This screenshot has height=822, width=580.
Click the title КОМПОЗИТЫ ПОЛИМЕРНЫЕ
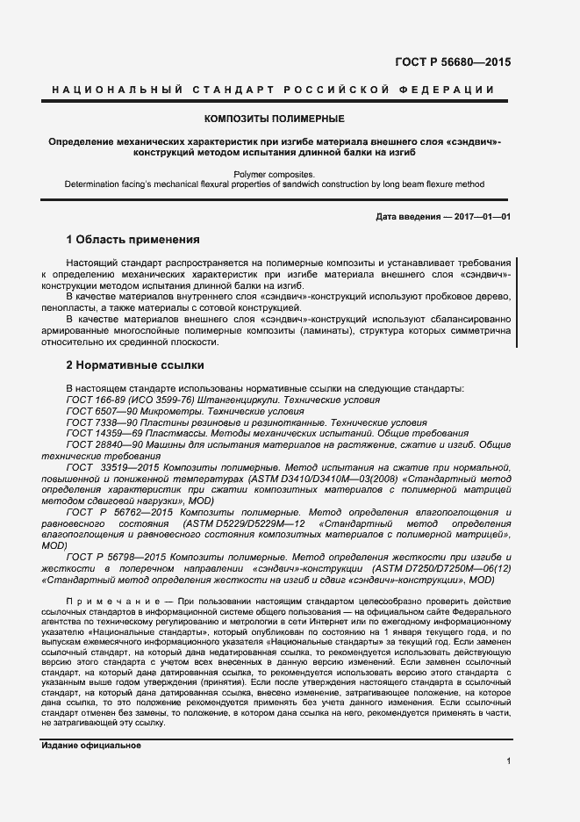pos(274,119)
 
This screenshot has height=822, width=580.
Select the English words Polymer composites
pos(274,174)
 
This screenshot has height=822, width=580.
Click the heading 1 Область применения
pos(133,239)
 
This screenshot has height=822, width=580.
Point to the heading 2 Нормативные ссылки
pos(135,364)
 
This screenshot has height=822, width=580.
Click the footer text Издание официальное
pos(91,746)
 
